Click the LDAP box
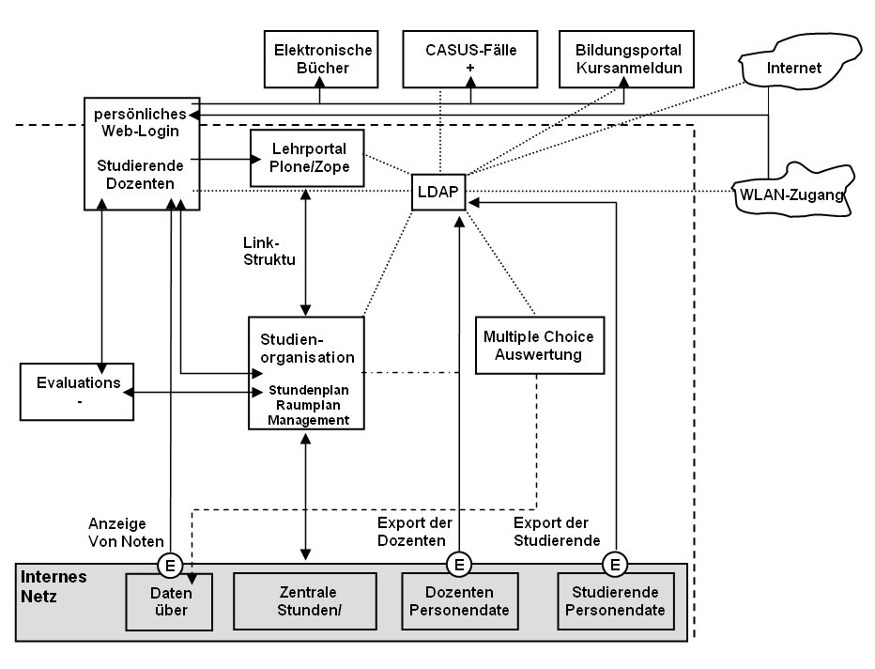[437, 192]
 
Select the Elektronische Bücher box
[322, 58]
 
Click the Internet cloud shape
[793, 69]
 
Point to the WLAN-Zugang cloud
[794, 193]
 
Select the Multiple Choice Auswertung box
[538, 345]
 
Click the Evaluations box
[78, 391]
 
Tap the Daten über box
[170, 601]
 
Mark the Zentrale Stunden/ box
[309, 601]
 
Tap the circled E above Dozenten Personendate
[458, 565]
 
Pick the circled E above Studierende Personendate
[615, 565]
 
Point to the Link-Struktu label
[269, 251]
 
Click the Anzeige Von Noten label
[126, 533]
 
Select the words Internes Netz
[55, 585]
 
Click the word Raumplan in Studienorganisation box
[307, 405]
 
